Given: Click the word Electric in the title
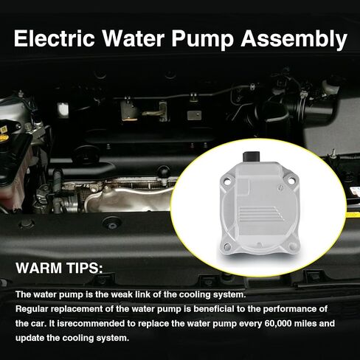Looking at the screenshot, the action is pyautogui.click(x=55, y=38).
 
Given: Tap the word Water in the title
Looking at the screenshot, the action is pyautogui.click(x=134, y=38).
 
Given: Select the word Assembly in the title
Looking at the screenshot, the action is pyautogui.click(x=294, y=39).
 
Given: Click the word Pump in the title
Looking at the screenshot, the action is pyautogui.click(x=202, y=40).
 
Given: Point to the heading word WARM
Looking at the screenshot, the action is pyautogui.click(x=39, y=268).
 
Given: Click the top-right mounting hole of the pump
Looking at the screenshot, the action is pyautogui.click(x=291, y=181).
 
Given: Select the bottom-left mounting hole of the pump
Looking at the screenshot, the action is pyautogui.click(x=228, y=246).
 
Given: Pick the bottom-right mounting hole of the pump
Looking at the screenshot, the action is pyautogui.click(x=292, y=246).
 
